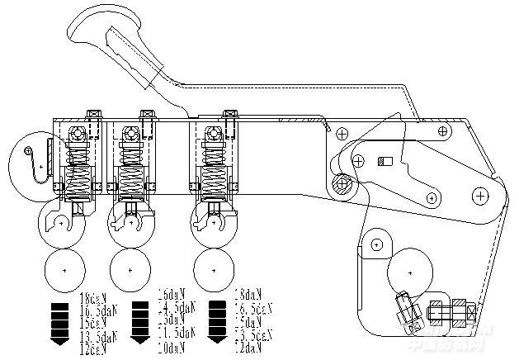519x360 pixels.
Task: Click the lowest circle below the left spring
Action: pos(65,268)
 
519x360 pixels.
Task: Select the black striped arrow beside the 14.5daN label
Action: pos(139,322)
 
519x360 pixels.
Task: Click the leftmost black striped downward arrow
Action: pos(61,322)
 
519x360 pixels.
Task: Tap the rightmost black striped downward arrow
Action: pos(218,322)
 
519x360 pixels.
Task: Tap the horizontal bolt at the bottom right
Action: pos(450,315)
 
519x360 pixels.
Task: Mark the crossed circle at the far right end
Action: pos(479,195)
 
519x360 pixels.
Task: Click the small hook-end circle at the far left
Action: pos(30,149)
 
